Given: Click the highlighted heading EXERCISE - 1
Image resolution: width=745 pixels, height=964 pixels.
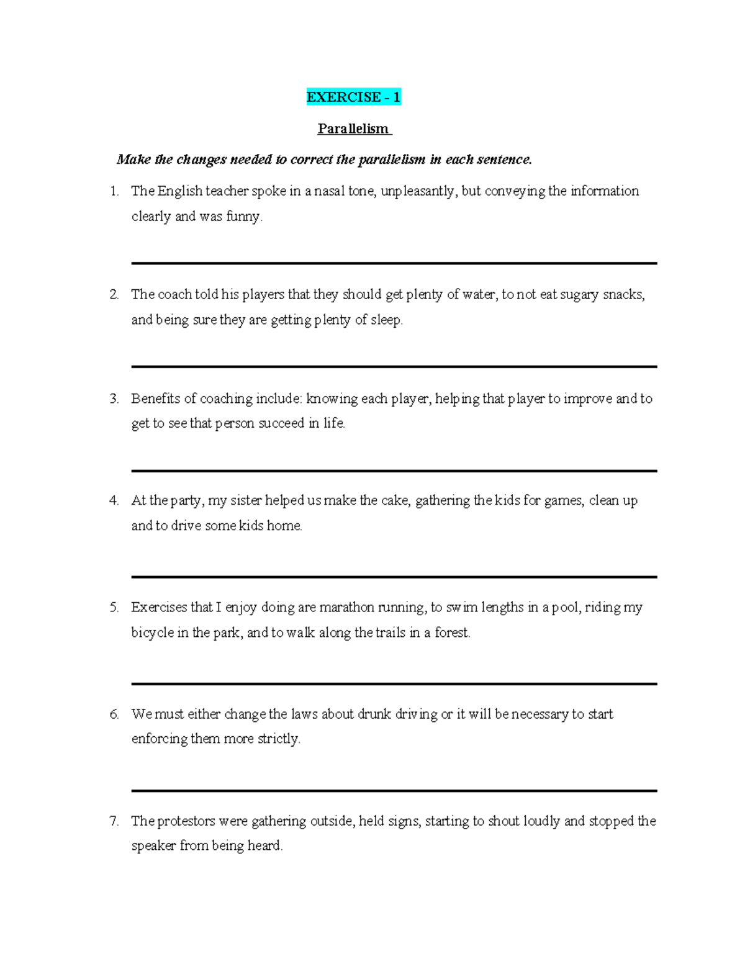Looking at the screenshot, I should click(x=353, y=97).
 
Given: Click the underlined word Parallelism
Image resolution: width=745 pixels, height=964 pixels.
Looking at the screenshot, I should click(x=353, y=128).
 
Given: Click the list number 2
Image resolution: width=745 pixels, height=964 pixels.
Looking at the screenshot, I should click(x=114, y=294).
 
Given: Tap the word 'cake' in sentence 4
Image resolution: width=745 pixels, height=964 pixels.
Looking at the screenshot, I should click(x=394, y=500).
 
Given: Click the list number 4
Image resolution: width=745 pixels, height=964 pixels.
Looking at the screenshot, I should click(x=114, y=500).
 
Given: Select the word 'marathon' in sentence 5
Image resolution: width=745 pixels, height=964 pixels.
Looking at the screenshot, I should click(x=347, y=607).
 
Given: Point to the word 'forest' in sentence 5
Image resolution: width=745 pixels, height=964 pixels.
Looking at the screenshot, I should click(x=451, y=633).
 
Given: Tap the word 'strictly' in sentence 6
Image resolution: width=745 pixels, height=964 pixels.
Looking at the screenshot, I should click(x=279, y=739).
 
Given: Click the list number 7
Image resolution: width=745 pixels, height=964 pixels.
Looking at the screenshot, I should click(x=114, y=821).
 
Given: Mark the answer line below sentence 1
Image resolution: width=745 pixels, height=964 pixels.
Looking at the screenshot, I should click(x=394, y=263).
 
